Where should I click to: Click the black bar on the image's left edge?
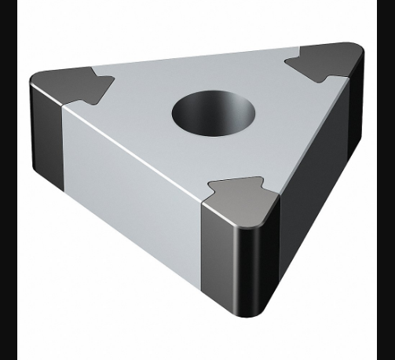tap(9, 180)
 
